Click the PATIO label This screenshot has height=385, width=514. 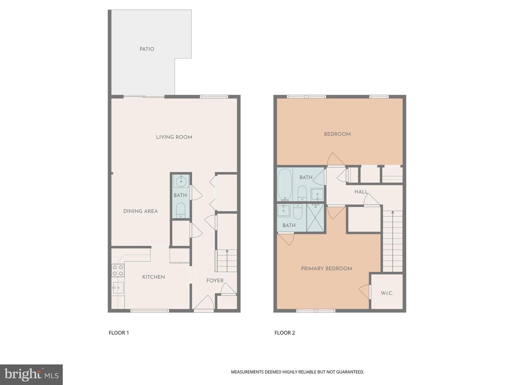[x=147, y=49]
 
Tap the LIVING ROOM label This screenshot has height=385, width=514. [x=174, y=137]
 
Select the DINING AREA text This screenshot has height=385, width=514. [x=140, y=211]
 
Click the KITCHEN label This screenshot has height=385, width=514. [x=153, y=277]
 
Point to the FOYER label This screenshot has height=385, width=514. [x=215, y=281]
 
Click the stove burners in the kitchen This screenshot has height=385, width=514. [x=118, y=270]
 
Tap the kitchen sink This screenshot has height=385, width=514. [x=118, y=287]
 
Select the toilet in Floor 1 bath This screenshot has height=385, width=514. [x=181, y=210]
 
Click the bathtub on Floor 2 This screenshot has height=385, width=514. [x=284, y=184]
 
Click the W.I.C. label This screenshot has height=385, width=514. [x=387, y=293]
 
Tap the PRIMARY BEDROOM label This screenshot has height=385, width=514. [x=326, y=269]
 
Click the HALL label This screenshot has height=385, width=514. [x=361, y=192]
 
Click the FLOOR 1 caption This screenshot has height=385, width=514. [x=119, y=333]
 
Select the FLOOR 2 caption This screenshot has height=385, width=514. [x=284, y=333]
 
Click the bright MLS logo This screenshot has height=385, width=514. [x=31, y=374]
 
